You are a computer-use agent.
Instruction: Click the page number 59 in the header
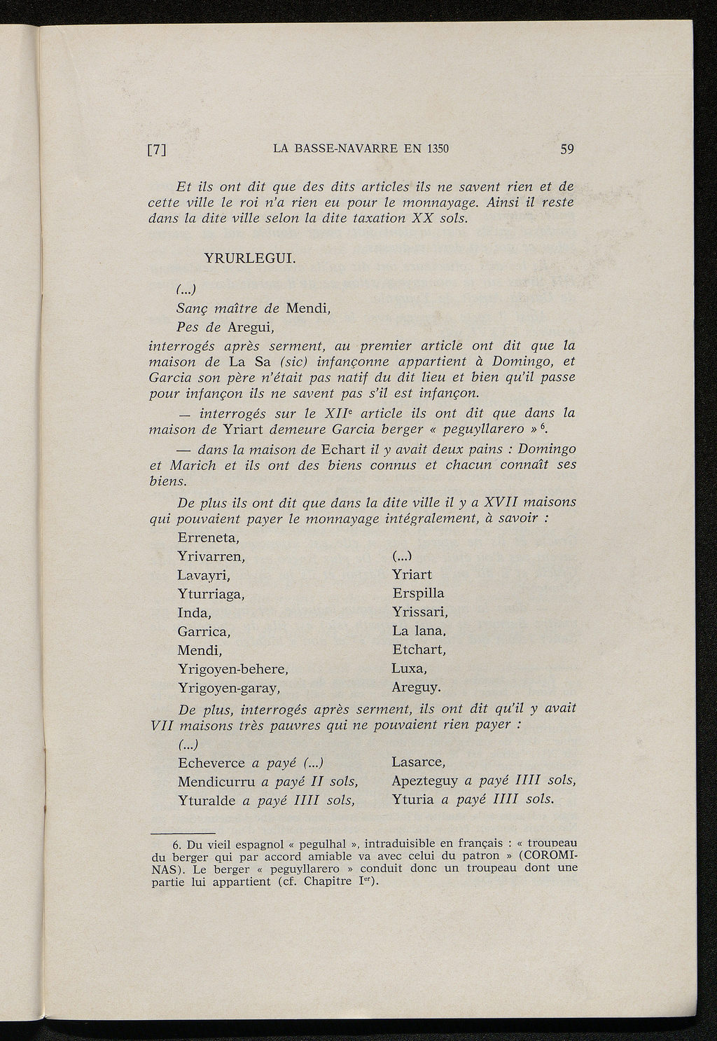coord(566,149)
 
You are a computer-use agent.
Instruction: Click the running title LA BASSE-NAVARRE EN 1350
coord(360,149)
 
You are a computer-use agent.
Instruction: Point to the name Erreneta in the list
coord(209,539)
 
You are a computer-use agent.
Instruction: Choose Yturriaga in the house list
coord(214,594)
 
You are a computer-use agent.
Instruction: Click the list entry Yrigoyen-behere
coord(233,668)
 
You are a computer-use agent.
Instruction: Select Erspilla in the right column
coord(418,594)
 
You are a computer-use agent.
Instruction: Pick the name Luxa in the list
coord(409,668)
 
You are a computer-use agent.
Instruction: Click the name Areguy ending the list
coord(416,687)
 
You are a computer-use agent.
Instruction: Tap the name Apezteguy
coord(425,780)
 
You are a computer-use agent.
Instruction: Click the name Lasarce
coord(419,762)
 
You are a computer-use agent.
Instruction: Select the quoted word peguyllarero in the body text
coord(501,429)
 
